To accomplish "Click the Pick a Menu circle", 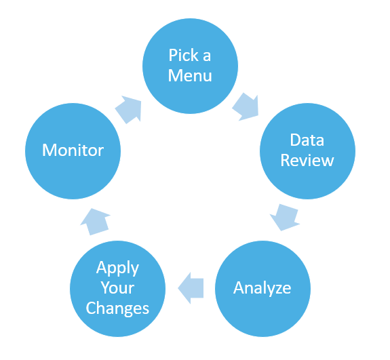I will [x=190, y=66].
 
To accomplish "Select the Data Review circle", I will [x=307, y=151].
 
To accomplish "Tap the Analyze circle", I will [x=262, y=288].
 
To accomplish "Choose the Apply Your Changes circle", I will [x=118, y=288].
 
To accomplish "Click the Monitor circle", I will [x=73, y=150].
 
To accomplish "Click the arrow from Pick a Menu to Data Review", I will [x=246, y=106].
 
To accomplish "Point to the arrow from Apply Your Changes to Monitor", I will [x=95, y=220].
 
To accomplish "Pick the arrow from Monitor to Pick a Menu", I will [x=129, y=108].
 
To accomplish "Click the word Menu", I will [x=190, y=75].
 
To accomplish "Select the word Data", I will [x=307, y=140].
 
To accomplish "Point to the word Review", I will [x=307, y=161].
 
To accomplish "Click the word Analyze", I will [x=262, y=288].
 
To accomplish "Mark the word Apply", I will [x=118, y=268].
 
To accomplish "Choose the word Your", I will [x=118, y=288].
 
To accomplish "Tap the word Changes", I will [x=118, y=308].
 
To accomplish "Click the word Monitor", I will [x=73, y=150].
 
